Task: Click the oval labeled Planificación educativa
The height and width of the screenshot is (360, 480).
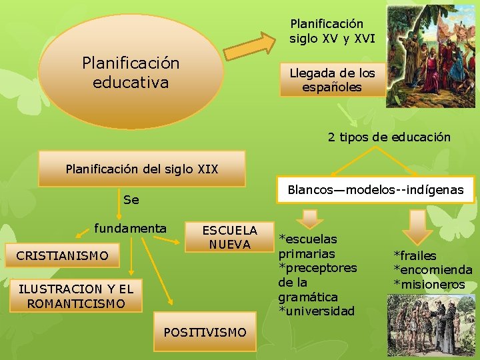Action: click(x=131, y=72)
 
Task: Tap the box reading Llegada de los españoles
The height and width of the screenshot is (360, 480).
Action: click(x=331, y=80)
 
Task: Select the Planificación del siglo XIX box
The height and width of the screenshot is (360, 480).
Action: click(x=141, y=169)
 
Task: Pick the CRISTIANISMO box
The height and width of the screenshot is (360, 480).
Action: click(x=62, y=255)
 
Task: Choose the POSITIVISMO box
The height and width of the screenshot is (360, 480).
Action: click(x=205, y=332)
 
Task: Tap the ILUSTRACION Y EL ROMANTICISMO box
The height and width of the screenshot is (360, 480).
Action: click(x=75, y=296)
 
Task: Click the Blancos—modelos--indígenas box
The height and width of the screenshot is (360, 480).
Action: click(x=375, y=190)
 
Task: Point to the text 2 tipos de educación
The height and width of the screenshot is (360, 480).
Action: click(x=389, y=137)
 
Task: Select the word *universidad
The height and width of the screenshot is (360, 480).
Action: click(x=317, y=311)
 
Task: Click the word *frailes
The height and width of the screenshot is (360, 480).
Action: click(x=415, y=255)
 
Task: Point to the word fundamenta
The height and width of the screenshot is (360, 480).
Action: click(x=130, y=229)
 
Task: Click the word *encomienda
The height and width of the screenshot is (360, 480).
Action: click(x=433, y=270)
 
